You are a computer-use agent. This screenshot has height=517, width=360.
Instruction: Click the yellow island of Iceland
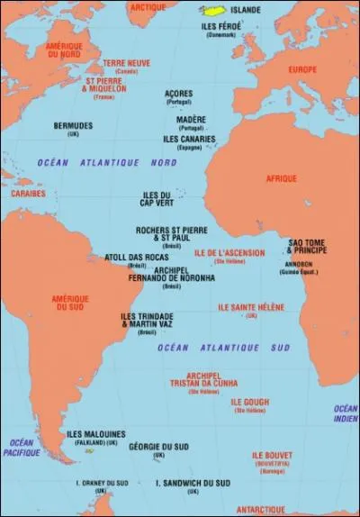click(211, 11)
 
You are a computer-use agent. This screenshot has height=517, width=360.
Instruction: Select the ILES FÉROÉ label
click(220, 26)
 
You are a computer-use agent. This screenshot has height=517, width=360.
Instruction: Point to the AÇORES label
click(179, 93)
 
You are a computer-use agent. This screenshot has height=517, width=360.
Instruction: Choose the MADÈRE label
click(190, 119)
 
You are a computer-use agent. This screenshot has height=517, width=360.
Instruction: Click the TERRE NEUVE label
click(125, 63)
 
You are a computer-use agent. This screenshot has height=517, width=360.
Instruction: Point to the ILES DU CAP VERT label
click(157, 198)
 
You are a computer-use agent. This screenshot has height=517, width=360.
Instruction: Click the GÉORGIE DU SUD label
click(158, 448)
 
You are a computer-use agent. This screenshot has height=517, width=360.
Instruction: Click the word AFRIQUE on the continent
click(281, 179)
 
